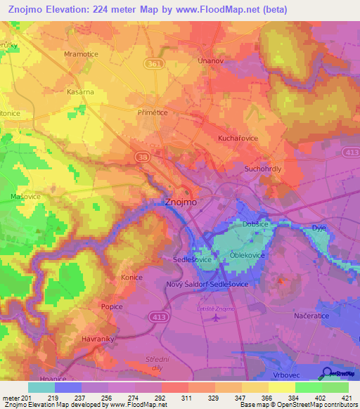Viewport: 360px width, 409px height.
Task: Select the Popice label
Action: (112, 307)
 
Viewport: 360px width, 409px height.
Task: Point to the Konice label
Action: (131, 278)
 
